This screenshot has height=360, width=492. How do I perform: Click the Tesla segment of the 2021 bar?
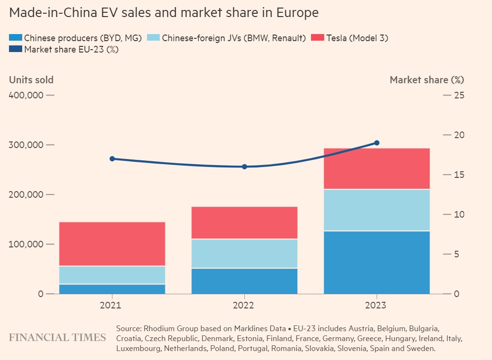[112, 244]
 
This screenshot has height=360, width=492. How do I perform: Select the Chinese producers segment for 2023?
[377, 262]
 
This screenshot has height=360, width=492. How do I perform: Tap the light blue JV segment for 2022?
[244, 254]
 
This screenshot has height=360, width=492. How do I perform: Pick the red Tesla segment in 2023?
[377, 169]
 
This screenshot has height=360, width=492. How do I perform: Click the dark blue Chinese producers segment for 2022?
[244, 281]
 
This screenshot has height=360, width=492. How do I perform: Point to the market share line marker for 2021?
[112, 158]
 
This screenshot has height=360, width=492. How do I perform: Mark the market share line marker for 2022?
[244, 167]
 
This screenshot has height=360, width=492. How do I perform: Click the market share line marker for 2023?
[377, 143]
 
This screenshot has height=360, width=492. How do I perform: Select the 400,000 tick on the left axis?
[32, 95]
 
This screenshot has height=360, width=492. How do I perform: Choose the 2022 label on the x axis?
[244, 306]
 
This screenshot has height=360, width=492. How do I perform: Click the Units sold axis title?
[31, 79]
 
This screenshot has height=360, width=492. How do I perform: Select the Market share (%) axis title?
[427, 79]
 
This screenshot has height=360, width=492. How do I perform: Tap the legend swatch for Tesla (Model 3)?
[318, 38]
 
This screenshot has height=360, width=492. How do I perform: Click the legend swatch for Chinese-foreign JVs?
[154, 38]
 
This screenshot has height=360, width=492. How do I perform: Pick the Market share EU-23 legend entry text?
[71, 49]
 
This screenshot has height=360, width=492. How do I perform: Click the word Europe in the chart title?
[296, 13]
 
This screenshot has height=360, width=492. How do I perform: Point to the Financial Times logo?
[57, 337]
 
